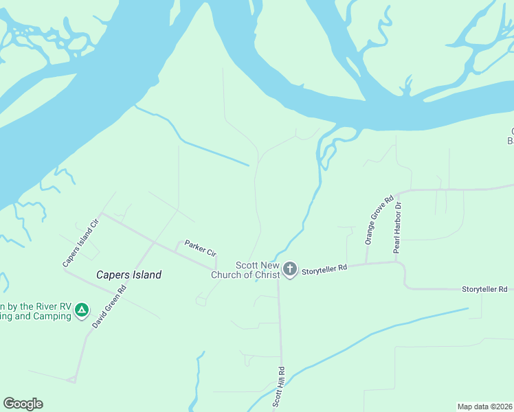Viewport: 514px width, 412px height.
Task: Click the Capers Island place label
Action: click(128, 275)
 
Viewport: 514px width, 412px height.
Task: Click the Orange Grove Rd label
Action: click(379, 220)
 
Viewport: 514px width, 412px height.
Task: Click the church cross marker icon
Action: click(290, 268)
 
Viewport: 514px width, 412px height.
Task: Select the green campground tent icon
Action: click(82, 310)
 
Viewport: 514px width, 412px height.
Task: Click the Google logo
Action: click(23, 404)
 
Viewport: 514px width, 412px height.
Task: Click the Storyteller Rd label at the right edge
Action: click(484, 290)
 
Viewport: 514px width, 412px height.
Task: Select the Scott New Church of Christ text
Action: click(258, 270)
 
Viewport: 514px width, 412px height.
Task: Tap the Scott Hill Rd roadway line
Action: click(280, 330)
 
